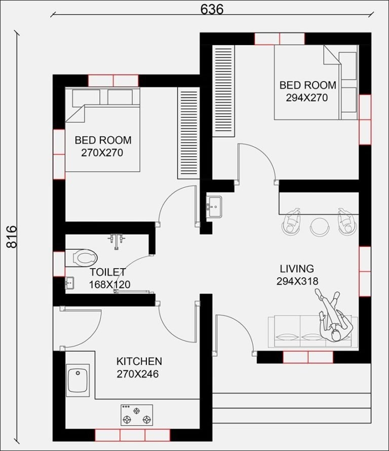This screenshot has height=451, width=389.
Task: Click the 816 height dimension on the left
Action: (11, 236)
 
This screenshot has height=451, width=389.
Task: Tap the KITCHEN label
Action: (139, 361)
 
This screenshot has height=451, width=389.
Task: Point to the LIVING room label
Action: (297, 269)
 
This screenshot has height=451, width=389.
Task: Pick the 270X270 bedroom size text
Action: (103, 152)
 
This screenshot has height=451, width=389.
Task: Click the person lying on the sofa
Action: (333, 317)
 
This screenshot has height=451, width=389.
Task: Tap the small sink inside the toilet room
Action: (70, 283)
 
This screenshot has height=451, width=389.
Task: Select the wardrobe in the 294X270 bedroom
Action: (223, 91)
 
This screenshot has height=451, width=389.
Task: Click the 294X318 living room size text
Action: (297, 281)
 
